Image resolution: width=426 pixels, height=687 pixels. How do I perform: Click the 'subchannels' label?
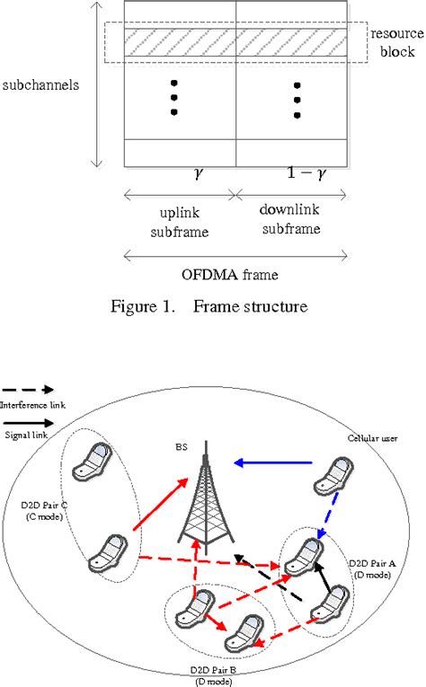42,86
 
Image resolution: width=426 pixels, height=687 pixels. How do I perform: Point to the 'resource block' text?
394,42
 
